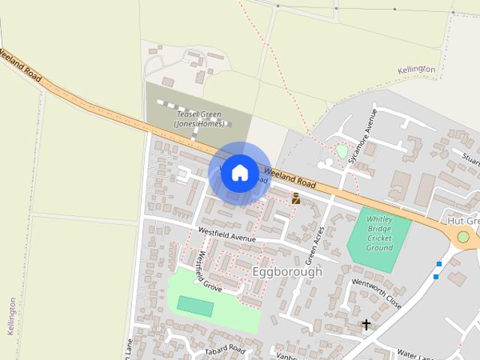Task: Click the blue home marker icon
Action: (239, 173)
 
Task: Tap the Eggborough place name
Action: (287, 271)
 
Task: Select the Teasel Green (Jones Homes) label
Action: (199, 118)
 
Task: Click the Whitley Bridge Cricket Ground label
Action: (379, 233)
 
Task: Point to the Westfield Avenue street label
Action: (227, 235)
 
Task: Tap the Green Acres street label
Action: (316, 240)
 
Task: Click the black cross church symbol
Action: (366, 325)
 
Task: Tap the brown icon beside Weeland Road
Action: (295, 198)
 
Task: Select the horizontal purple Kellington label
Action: (416, 70)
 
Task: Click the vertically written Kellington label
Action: (11, 316)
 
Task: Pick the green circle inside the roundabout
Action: (463, 237)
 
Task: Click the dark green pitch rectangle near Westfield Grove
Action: (195, 306)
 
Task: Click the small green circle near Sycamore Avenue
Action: (342, 151)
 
